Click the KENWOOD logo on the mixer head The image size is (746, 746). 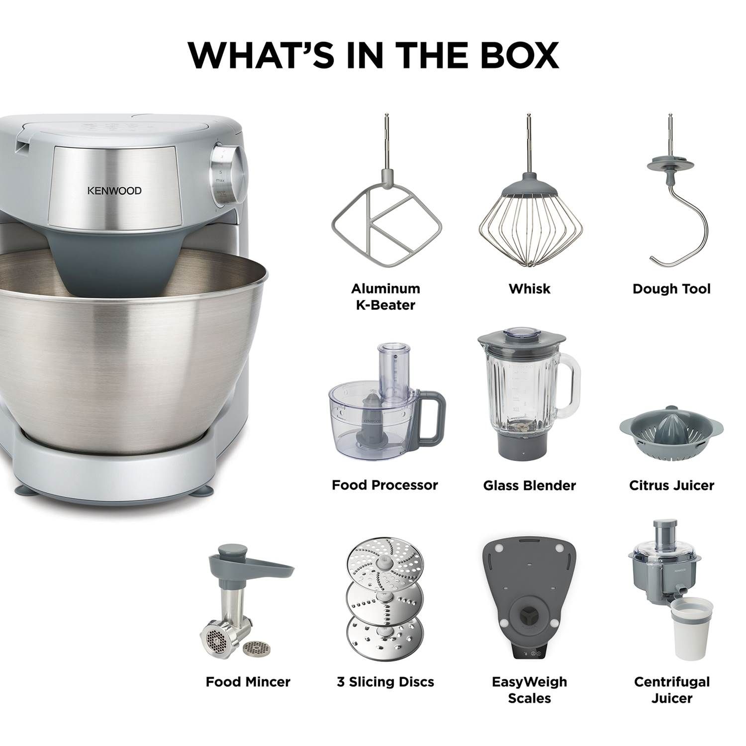coord(114,190)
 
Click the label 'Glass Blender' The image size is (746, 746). coord(529,485)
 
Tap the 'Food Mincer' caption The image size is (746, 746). coord(248,682)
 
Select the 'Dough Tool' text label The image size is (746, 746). coord(671,289)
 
